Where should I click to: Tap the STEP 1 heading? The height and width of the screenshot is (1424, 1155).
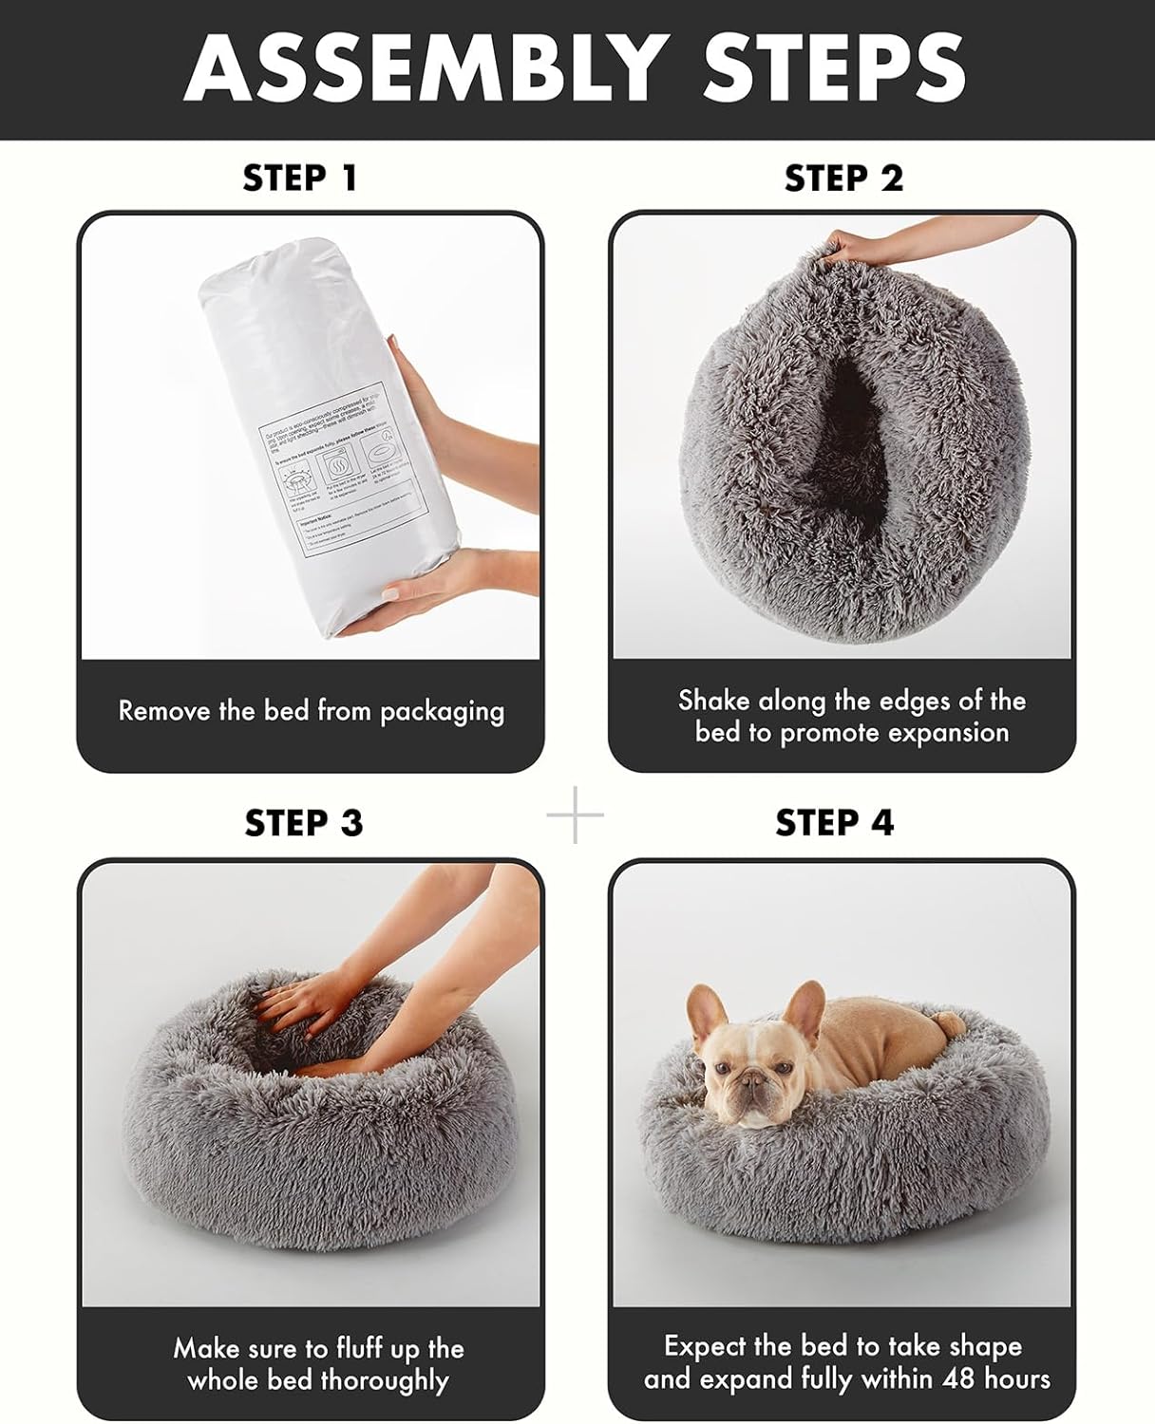(x=300, y=178)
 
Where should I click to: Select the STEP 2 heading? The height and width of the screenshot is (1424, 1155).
(x=843, y=178)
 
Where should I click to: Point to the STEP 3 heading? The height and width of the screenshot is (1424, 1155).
(x=303, y=822)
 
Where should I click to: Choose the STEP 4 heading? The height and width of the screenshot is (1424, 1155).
(x=834, y=822)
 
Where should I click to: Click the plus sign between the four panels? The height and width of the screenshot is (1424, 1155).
(x=576, y=815)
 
